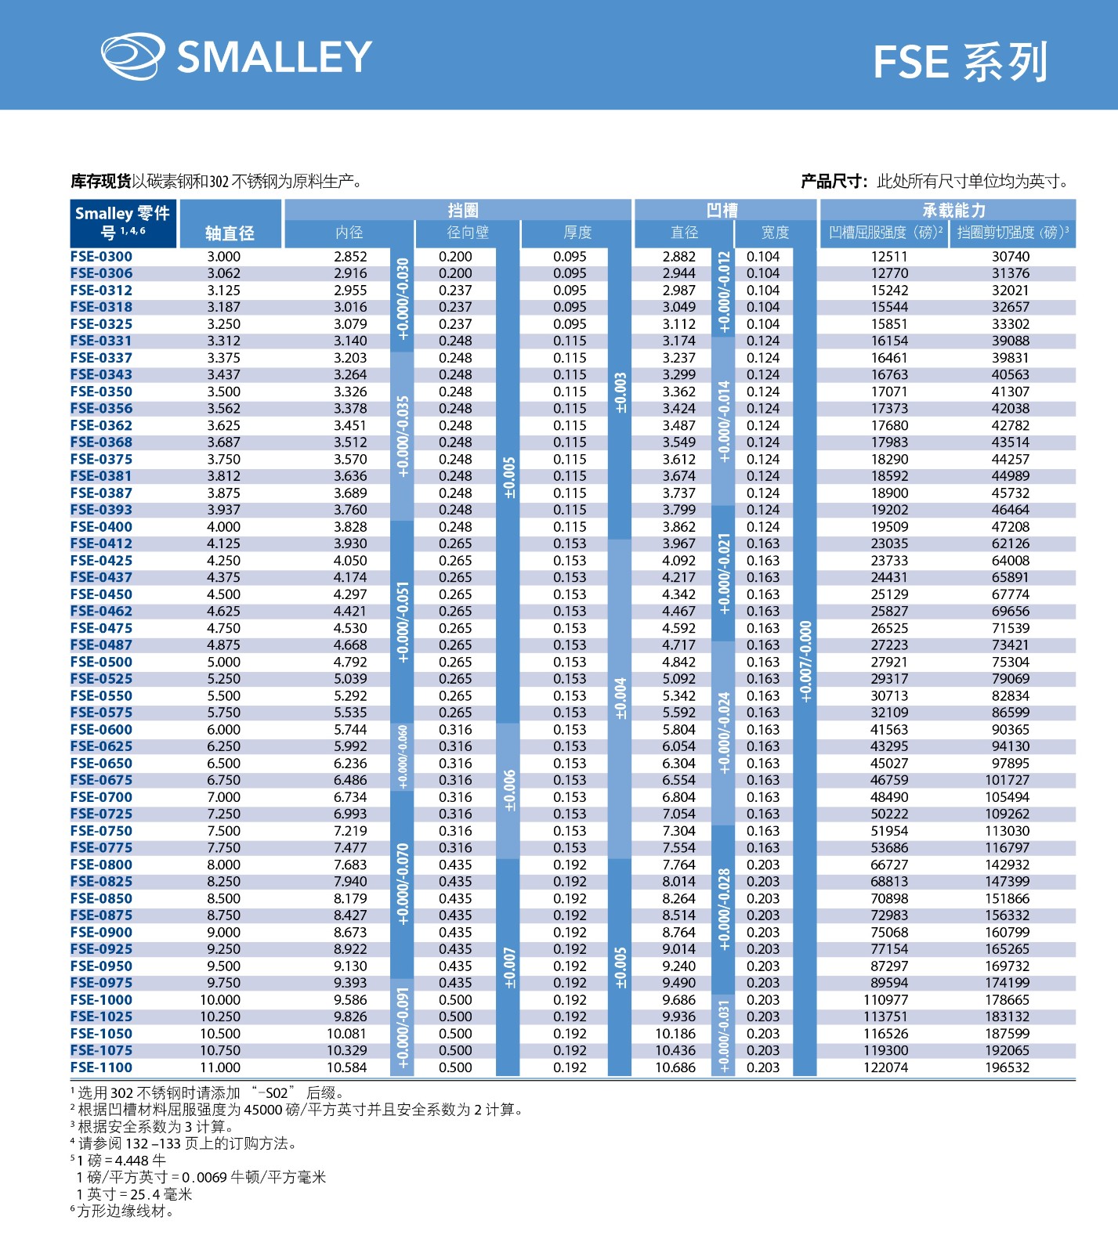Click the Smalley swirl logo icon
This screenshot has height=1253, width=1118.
[x=132, y=56]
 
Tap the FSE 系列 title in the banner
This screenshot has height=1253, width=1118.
[x=960, y=63]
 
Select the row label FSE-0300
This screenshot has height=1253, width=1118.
[x=101, y=256]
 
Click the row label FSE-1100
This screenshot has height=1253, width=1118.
[x=101, y=1067]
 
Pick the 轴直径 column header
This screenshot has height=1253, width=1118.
[x=230, y=233]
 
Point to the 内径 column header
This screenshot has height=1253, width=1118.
[x=349, y=233]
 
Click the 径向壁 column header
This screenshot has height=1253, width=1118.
[x=468, y=233]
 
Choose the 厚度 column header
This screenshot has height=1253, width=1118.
[x=577, y=233]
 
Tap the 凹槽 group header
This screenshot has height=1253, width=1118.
[x=722, y=210]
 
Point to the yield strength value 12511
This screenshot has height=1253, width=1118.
[x=889, y=256]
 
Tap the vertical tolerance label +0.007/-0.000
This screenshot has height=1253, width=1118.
[x=805, y=662]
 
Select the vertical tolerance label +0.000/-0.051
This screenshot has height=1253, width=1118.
[x=403, y=623]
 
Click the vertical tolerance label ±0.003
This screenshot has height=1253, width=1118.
[x=621, y=393]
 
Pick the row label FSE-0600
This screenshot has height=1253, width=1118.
[x=101, y=729]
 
